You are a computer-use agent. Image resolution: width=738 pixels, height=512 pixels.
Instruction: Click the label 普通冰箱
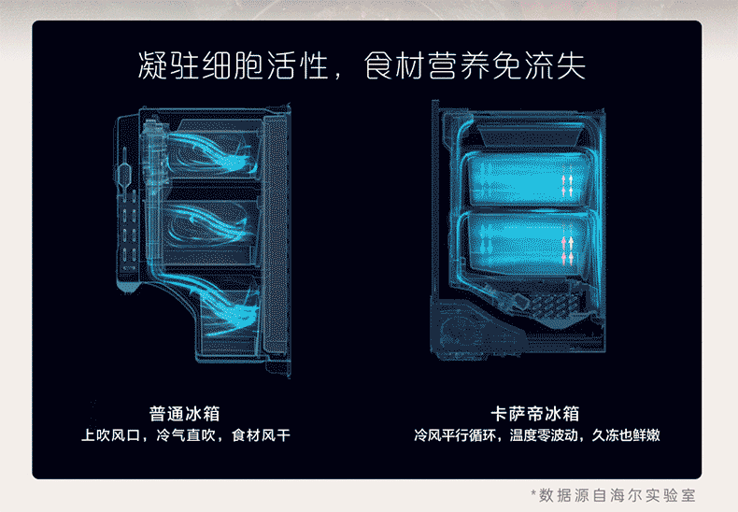pos(185,413)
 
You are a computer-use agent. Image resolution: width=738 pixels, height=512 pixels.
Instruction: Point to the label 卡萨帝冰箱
pos(536,413)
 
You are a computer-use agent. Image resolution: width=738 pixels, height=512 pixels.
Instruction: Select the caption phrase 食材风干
pos(261,435)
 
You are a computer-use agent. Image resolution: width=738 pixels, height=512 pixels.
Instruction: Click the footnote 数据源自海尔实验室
pos(617,494)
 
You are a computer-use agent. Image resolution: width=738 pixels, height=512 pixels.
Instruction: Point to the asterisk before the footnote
pos(533,493)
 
